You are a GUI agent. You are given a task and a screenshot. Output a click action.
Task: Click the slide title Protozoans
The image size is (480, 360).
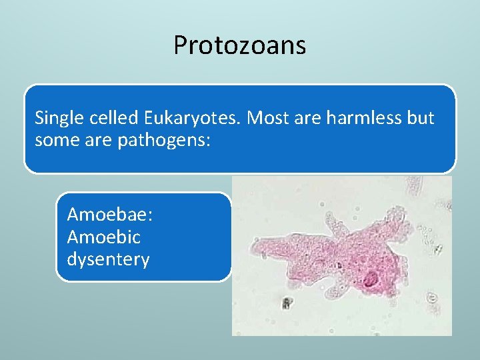(x=239, y=45)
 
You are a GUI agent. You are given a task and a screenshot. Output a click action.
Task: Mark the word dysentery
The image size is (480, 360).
(x=108, y=259)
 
